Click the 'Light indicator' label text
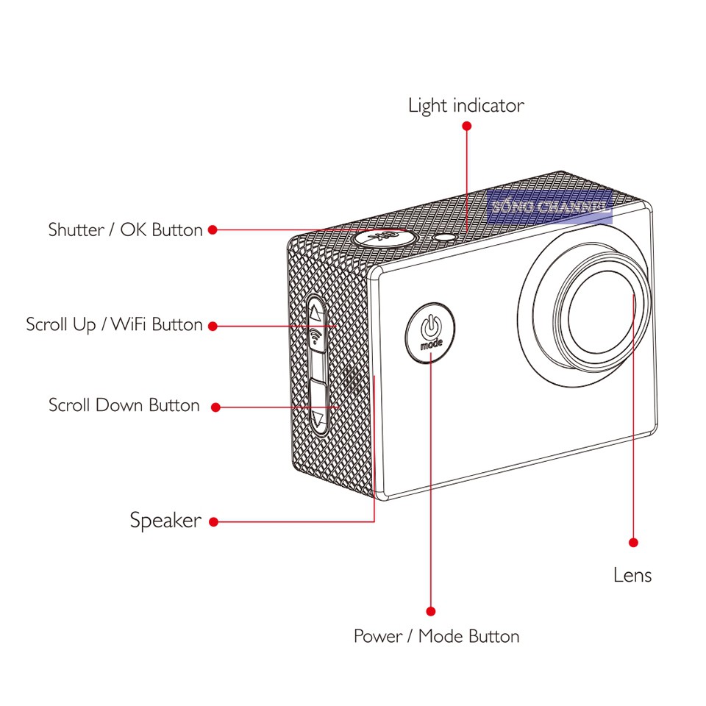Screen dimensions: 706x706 pos(466,106)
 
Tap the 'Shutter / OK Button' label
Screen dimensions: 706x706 pos(125,230)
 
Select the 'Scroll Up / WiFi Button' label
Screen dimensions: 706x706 pos(114,324)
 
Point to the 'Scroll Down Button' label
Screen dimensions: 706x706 pos(124,405)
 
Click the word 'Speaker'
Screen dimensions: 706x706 pos(165,521)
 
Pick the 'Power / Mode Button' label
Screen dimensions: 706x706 pos(436,636)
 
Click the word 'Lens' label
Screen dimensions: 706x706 pos(632,574)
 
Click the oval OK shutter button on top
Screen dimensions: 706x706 pos(382,237)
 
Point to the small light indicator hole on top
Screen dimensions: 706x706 pos(446,237)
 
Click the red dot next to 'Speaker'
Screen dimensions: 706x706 pos(213,522)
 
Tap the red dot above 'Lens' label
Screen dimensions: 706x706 pos(633,543)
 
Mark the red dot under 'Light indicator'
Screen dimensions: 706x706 pos(466,126)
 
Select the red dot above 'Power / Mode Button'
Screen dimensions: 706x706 pos(431,611)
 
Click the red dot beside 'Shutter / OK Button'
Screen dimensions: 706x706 pos(213,230)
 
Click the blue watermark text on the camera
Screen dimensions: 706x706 pos(549,207)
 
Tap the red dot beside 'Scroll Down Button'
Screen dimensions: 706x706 pos(215,406)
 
